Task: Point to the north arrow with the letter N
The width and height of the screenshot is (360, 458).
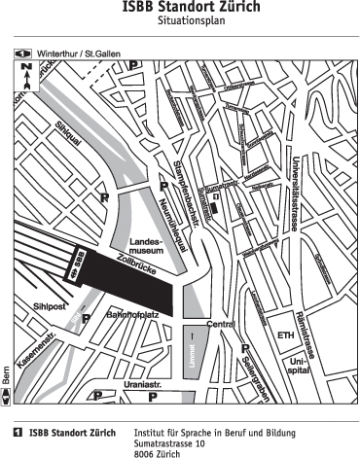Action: tap(26, 75)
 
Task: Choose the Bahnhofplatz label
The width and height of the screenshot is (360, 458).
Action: tap(131, 314)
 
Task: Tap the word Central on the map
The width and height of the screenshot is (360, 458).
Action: tap(222, 323)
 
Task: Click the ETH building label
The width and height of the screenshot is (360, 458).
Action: tap(285, 336)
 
